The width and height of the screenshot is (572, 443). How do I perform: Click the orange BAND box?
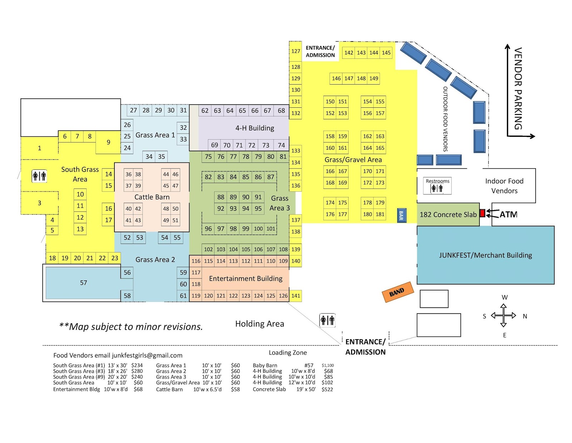398,292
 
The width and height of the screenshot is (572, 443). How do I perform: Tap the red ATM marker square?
482,213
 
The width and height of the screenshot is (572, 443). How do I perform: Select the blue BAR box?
401,215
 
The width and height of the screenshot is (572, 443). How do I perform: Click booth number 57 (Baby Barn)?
83,283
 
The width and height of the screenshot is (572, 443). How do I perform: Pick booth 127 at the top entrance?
295,51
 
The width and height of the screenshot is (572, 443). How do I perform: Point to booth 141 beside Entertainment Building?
295,296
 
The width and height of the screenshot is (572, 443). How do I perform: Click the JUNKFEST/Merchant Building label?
485,255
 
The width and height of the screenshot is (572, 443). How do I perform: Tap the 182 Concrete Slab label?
448,215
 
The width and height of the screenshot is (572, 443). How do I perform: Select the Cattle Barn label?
152,197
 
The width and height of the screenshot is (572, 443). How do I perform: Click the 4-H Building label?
255,128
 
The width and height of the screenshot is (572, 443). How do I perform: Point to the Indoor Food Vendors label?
504,186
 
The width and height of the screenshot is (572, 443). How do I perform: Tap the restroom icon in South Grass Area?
39,176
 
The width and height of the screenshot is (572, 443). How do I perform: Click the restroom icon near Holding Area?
327,320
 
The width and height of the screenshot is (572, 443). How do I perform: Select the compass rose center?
503,316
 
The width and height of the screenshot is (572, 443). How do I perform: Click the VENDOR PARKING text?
518,88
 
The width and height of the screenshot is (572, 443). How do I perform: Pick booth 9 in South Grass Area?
108,142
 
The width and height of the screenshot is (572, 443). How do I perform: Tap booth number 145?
386,53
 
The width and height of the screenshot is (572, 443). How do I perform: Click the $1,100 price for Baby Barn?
327,365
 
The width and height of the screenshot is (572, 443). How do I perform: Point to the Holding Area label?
260,324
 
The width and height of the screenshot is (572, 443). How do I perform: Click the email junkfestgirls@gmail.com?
147,355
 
